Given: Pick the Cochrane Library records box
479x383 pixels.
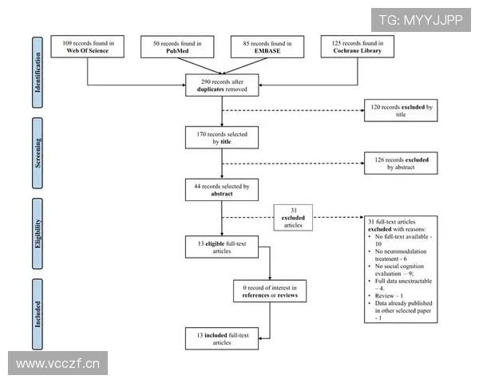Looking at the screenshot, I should (358, 46).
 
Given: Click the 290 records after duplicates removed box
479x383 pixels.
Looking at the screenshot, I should (222, 85).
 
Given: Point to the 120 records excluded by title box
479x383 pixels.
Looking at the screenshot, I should (401, 110).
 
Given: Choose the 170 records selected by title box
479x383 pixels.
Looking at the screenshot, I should (222, 137).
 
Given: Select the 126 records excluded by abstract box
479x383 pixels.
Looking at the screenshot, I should (401, 164).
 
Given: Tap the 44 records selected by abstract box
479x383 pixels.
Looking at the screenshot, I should (222, 190).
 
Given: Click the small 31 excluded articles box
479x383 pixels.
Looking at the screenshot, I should (293, 216).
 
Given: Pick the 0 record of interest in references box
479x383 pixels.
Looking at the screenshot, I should (270, 290).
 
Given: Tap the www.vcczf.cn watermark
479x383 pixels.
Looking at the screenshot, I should (57, 364).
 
